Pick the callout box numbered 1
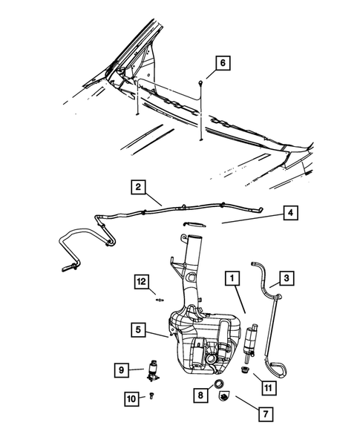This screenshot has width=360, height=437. pyautogui.click(x=232, y=279)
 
